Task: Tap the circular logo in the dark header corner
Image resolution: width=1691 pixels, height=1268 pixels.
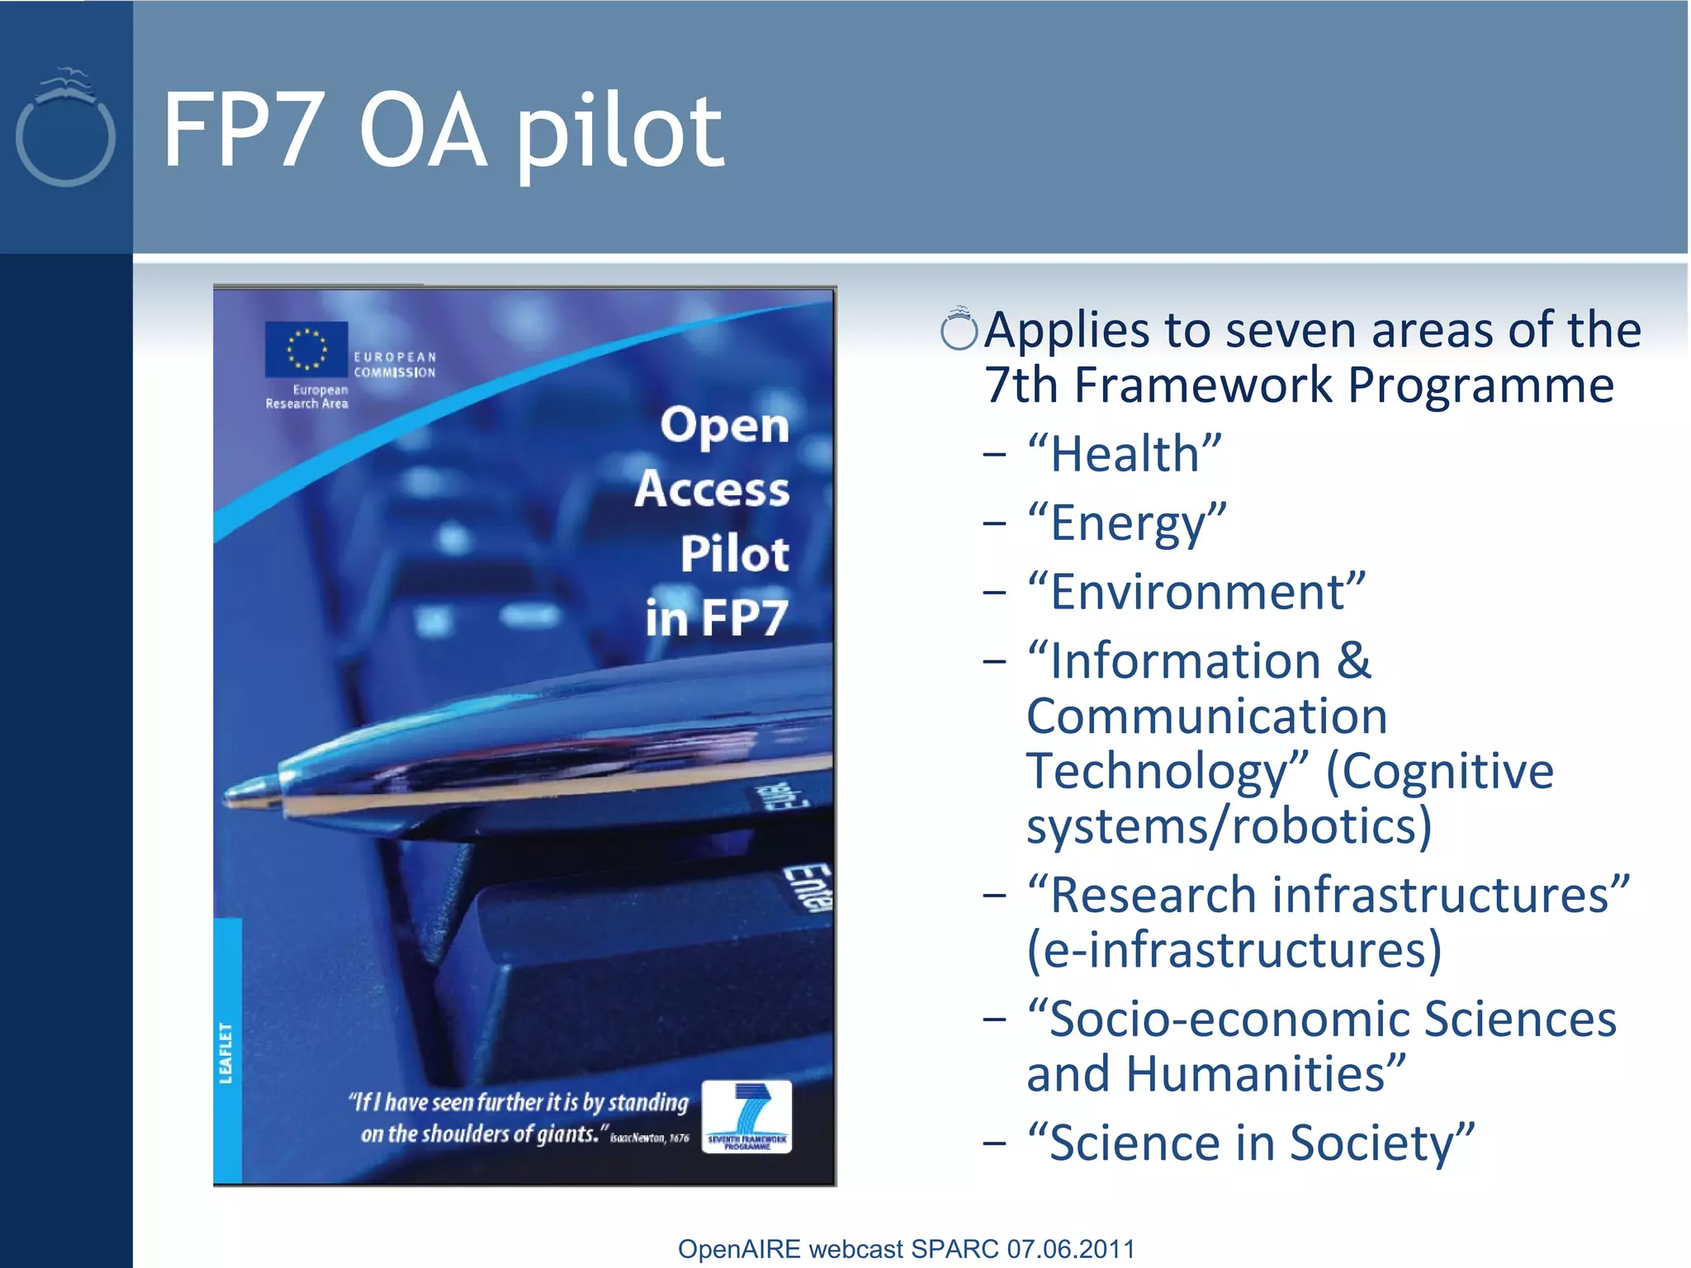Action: click(x=64, y=128)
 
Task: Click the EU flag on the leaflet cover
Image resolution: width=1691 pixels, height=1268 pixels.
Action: click(x=306, y=348)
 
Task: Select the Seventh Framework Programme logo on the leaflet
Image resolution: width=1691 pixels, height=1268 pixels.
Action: click(x=746, y=1116)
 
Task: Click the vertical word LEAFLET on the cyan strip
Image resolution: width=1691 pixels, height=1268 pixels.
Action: click(x=225, y=1053)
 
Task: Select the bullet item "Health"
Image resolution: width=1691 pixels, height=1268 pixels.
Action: click(x=1124, y=454)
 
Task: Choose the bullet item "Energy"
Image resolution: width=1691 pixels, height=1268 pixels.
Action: click(x=1126, y=523)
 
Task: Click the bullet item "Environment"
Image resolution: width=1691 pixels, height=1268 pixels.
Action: click(x=1196, y=592)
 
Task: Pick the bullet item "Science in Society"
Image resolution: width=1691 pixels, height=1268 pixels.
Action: click(x=1250, y=1143)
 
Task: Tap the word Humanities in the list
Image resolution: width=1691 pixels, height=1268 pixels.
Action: click(x=1264, y=1074)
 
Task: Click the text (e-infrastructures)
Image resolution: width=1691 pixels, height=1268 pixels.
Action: click(x=1234, y=950)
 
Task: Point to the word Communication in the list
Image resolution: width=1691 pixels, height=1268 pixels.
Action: click(x=1206, y=716)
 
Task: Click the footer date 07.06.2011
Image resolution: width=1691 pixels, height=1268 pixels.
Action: click(x=1070, y=1249)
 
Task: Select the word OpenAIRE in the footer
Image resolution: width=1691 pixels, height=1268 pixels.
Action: click(x=738, y=1249)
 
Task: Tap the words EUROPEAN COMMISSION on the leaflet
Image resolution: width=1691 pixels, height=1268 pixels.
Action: click(x=394, y=364)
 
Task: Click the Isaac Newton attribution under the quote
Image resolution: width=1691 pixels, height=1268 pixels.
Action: click(x=649, y=1138)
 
